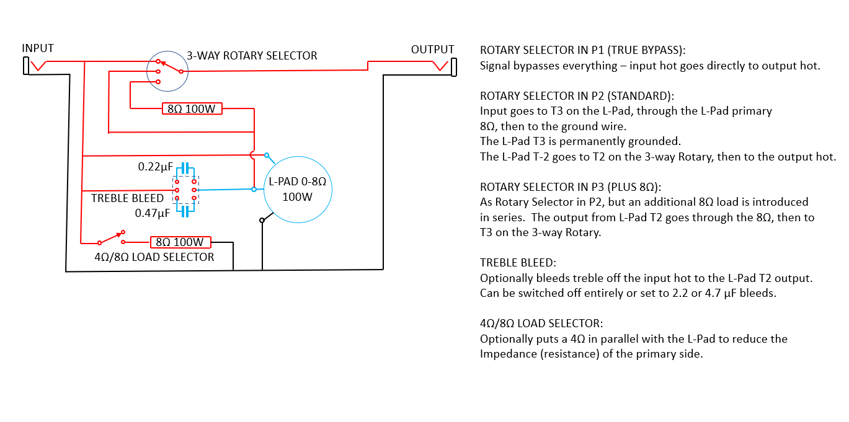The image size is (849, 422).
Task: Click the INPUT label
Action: point(38,48)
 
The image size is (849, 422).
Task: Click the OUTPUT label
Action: point(432,50)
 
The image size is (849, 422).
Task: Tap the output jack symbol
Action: point(453,66)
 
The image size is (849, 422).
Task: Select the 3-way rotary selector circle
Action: point(167,71)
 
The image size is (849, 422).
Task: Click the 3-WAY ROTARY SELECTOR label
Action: point(252,56)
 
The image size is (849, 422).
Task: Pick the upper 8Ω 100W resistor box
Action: point(191,109)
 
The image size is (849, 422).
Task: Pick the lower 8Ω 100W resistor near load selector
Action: point(181,242)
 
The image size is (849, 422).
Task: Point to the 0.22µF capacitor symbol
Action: point(185,168)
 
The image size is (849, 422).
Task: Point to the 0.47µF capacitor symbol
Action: point(185,211)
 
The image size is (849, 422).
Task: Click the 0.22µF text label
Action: point(155,167)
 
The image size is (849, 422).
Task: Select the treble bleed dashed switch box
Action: point(185,190)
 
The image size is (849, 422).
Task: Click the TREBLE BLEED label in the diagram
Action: point(127,198)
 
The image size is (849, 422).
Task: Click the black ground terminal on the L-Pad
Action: point(262,219)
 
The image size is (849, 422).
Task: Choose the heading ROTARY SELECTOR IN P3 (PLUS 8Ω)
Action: point(578,187)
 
